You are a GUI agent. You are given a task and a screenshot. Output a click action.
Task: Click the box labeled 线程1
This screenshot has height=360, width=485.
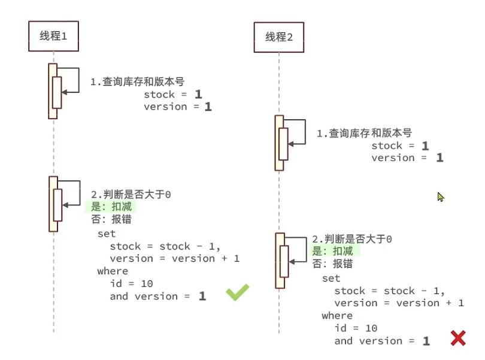(53, 36)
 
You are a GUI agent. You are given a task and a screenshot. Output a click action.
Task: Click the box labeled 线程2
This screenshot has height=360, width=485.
(278, 37)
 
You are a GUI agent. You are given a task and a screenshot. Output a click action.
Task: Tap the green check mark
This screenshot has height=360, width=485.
(237, 292)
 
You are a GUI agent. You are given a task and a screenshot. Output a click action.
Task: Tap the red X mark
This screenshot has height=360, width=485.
(458, 338)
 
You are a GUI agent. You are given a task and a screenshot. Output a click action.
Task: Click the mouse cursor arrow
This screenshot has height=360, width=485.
(441, 197)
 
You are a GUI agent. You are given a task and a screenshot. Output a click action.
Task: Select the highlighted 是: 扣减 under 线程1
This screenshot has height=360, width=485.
(111, 207)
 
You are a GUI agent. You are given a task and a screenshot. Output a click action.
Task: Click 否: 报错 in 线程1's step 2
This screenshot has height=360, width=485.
(111, 219)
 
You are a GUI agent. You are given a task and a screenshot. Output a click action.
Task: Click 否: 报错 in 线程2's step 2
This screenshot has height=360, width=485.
(332, 264)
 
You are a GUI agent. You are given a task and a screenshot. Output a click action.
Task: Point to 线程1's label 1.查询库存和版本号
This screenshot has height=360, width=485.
(138, 81)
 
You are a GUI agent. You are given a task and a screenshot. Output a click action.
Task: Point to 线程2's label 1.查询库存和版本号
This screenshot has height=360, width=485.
(365, 133)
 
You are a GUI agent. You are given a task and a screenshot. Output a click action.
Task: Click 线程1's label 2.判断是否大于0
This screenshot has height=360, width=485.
(131, 195)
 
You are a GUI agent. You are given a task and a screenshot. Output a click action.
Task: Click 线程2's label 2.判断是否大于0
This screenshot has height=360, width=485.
(352, 239)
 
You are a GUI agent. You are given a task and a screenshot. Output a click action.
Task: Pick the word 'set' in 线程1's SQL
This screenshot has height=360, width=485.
(107, 234)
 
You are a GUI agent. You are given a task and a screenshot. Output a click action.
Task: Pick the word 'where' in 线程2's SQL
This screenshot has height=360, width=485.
(337, 316)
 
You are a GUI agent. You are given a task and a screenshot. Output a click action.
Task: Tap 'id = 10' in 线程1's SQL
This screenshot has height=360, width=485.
(132, 283)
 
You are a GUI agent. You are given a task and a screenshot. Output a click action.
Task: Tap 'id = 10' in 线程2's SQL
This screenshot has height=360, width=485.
(356, 328)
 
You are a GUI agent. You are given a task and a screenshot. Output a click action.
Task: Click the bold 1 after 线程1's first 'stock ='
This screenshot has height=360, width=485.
(199, 94)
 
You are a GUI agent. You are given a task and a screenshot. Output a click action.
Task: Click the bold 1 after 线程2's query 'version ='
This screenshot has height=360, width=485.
(440, 158)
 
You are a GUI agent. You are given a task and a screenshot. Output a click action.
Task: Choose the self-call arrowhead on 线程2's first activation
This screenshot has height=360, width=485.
(291, 144)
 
